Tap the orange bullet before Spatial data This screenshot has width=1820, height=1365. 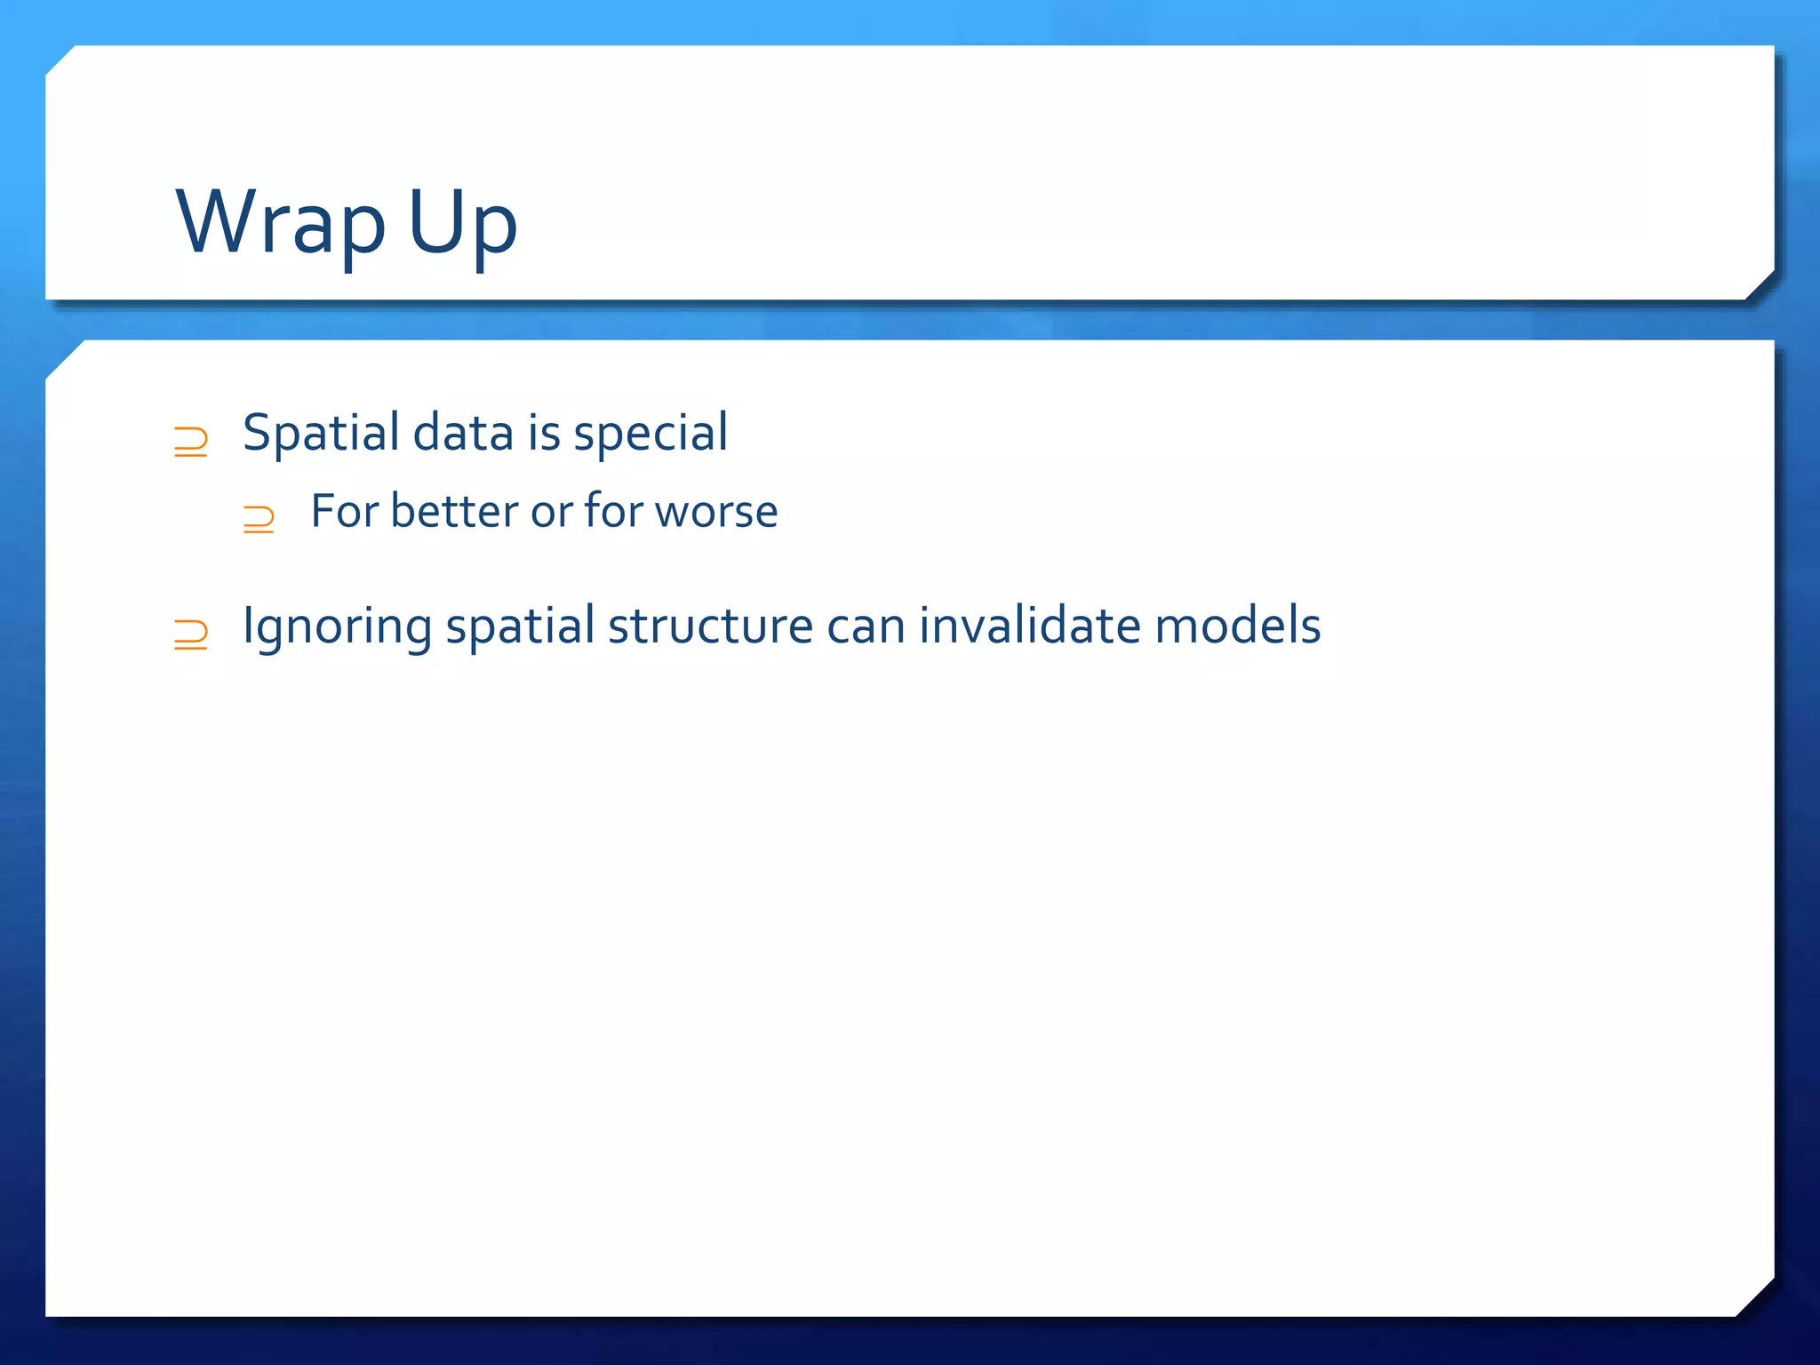coord(190,442)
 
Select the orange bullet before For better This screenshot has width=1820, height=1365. coord(259,518)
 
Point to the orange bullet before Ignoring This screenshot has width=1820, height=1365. coord(190,635)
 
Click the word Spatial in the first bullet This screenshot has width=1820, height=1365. coord(321,434)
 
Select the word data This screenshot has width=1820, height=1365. coord(463,434)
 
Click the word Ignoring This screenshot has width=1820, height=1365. coord(337,627)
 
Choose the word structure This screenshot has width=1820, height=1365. coord(710,627)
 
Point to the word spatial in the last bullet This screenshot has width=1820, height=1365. coord(520,627)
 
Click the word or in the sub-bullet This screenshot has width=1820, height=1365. coord(551,512)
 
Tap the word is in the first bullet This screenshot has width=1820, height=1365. coord(544,434)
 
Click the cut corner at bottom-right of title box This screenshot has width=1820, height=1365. coord(1760,285)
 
